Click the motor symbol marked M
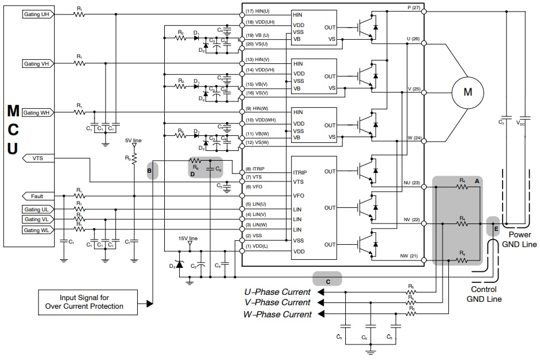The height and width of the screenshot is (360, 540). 467,92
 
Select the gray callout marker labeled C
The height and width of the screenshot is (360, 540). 327,281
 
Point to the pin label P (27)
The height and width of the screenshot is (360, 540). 412,7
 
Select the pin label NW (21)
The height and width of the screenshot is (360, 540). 410,256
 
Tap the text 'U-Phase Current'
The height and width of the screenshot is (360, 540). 278,292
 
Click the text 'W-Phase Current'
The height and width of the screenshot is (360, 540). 278,314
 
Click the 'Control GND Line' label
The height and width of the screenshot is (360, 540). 484,294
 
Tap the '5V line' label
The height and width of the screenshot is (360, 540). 133,141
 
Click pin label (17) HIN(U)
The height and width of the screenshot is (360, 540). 258,11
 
